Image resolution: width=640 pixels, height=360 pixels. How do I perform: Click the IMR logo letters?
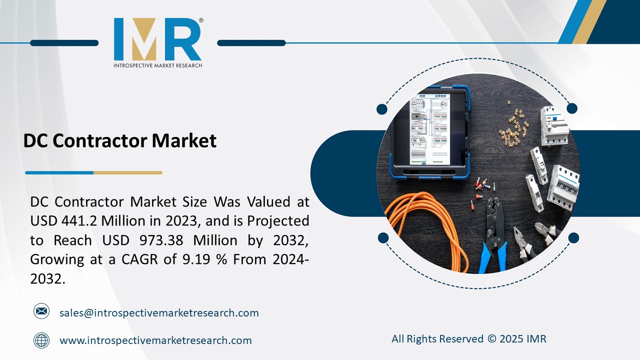click(x=157, y=39)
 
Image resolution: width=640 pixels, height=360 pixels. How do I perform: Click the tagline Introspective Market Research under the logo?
click(x=157, y=65)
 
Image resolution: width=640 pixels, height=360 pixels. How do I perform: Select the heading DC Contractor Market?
click(x=120, y=141)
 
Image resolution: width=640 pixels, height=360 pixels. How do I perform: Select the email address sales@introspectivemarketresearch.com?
click(x=159, y=313)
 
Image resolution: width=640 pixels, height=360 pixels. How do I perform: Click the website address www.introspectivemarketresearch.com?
click(x=155, y=341)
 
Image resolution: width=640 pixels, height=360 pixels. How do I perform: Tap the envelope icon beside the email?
click(x=41, y=312)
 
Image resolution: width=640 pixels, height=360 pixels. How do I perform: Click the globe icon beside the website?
click(x=41, y=340)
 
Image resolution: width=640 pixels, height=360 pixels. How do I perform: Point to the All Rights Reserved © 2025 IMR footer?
click(x=468, y=339)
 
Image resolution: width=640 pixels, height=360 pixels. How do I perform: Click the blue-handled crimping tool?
click(x=492, y=235)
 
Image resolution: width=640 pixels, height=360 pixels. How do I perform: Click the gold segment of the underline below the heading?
click(x=128, y=173)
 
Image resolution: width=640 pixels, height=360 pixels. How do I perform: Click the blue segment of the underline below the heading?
click(x=59, y=173)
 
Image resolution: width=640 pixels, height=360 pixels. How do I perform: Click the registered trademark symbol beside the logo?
click(x=201, y=21)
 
